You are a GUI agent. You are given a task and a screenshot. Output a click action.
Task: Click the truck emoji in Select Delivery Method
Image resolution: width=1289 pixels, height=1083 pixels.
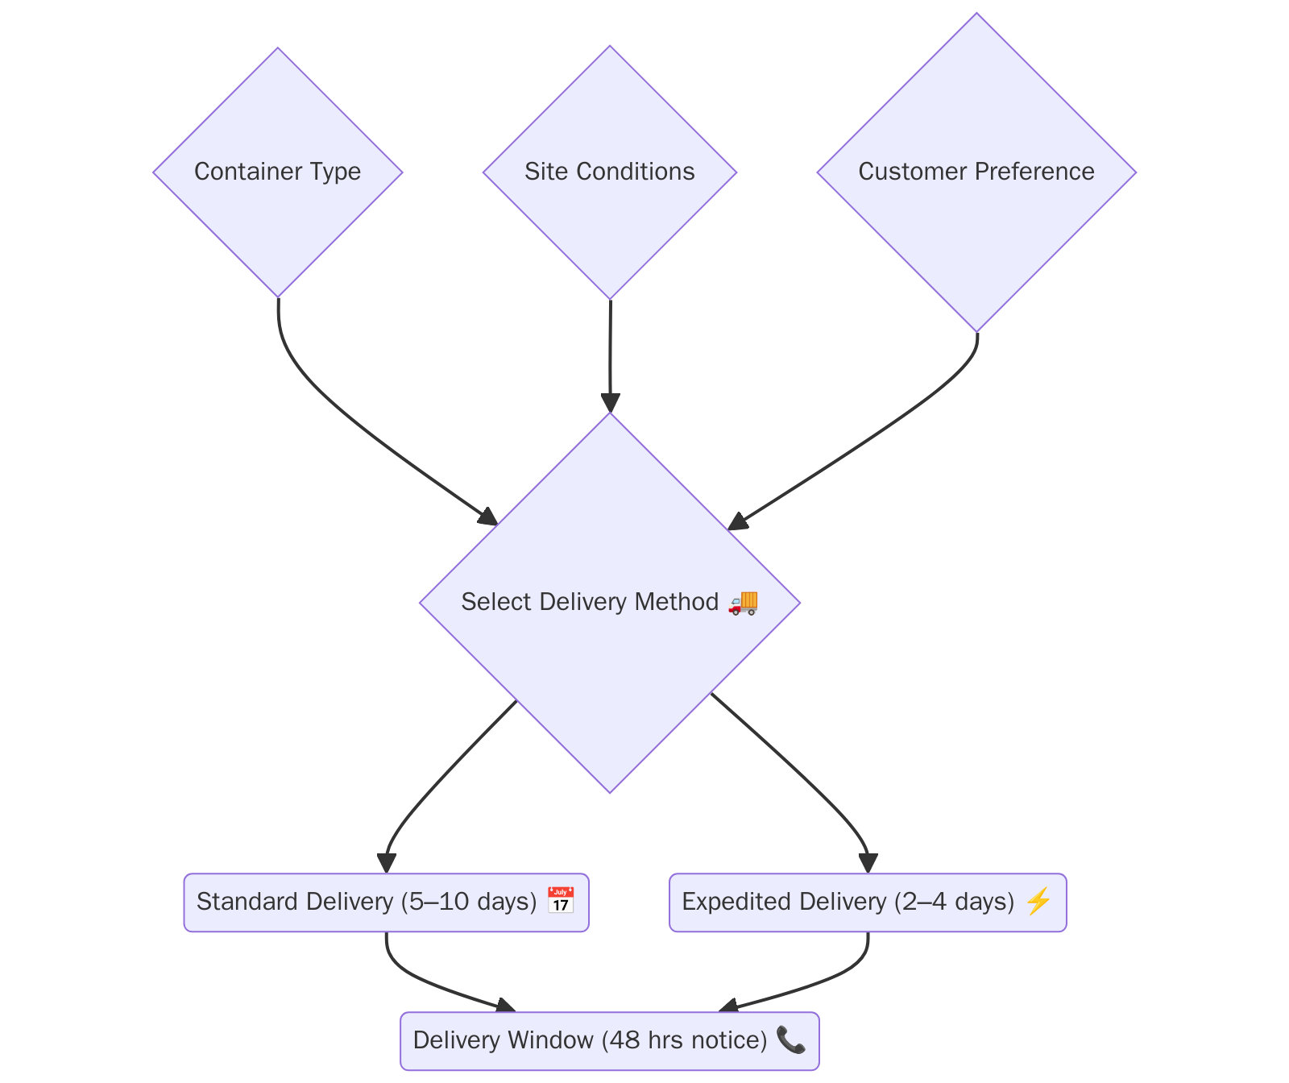(743, 602)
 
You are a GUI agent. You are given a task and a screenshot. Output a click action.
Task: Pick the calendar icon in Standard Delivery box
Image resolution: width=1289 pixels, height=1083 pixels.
(561, 901)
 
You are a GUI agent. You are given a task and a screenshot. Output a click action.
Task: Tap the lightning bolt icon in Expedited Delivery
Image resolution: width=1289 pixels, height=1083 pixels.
(1038, 901)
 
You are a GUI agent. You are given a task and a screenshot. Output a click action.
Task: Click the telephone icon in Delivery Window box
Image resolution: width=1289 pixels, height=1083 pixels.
(790, 1039)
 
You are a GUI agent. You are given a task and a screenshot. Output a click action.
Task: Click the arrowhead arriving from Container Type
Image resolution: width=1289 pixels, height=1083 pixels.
(488, 517)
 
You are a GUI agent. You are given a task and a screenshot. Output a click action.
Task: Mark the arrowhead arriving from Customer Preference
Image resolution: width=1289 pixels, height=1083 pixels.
(737, 522)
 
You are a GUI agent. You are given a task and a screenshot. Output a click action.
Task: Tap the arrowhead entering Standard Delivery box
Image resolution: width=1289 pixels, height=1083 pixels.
(387, 863)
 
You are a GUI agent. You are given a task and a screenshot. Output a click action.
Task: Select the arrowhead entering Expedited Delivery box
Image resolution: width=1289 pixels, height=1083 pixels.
(868, 863)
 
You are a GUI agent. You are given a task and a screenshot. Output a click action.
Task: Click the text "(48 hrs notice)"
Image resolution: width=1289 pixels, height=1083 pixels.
(684, 1039)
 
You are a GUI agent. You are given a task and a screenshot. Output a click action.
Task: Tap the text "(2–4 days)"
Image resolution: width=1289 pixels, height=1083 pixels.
(954, 901)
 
